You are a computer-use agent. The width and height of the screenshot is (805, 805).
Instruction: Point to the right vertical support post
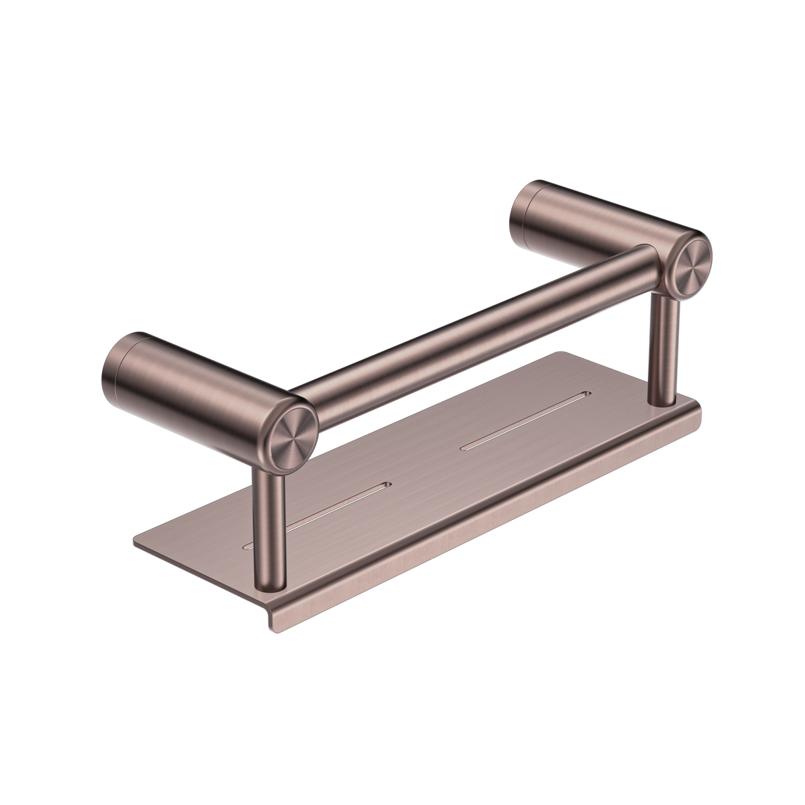point(662,351)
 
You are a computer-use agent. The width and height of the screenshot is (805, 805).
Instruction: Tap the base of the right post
point(663,398)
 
